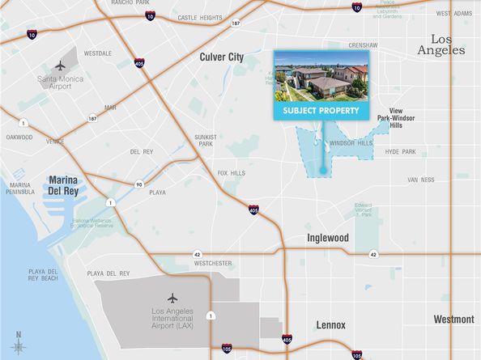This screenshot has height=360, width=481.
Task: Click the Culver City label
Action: tap(221, 57)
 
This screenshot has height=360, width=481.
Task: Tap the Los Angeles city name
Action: tap(448, 44)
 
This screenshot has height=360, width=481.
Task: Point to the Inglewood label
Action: tap(327, 238)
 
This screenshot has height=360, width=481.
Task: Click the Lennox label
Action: tap(330, 325)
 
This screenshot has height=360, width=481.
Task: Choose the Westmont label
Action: tap(453, 320)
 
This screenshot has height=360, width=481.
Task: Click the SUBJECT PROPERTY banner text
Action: tap(321, 110)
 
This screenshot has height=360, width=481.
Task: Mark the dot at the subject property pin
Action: tap(323, 171)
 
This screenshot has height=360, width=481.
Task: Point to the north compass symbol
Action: tap(18, 344)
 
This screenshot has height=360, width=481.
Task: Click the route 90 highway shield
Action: tap(139, 184)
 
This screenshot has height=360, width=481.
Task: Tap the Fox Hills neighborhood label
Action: tap(232, 172)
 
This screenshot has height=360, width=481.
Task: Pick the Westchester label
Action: tap(213, 263)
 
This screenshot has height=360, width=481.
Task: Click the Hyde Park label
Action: tap(400, 152)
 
